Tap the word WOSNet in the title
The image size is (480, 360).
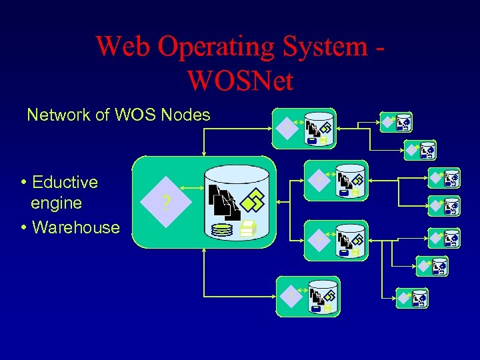tap(241, 81)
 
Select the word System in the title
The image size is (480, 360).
tap(324, 47)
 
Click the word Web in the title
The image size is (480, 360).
tap(124, 47)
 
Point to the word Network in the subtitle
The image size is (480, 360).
tap(58, 115)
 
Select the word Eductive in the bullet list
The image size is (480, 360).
tap(65, 182)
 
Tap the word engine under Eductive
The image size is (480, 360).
tap(57, 203)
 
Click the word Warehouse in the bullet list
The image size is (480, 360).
tap(75, 227)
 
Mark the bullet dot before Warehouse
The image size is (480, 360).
tap(24, 227)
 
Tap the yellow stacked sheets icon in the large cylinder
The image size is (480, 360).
tap(247, 229)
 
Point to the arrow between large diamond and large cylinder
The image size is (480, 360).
tap(193, 188)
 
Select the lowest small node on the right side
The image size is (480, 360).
tap(413, 299)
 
